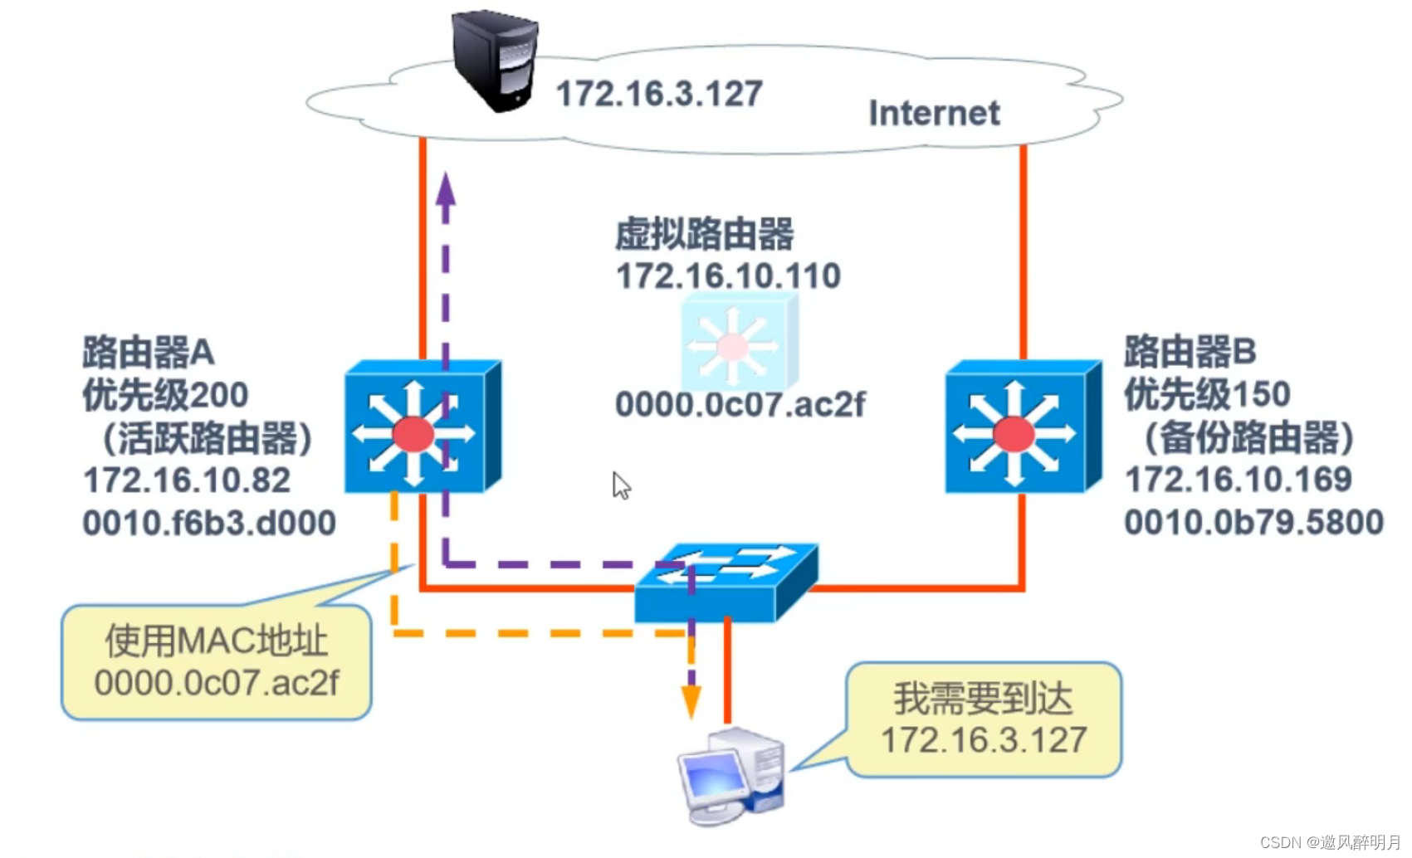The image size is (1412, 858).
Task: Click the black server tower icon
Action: (x=496, y=60)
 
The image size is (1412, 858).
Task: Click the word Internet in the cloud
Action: (x=933, y=113)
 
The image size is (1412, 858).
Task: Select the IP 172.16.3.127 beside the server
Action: (x=658, y=94)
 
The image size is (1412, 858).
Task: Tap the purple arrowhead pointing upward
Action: (x=446, y=190)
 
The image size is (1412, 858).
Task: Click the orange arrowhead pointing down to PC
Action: (x=691, y=702)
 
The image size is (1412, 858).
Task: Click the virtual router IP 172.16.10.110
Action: (x=728, y=275)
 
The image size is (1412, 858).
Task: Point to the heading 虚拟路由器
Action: (x=704, y=235)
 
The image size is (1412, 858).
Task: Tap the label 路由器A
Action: (x=149, y=353)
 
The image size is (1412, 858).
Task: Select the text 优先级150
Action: (x=1206, y=394)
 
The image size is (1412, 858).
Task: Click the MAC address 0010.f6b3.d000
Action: (x=209, y=523)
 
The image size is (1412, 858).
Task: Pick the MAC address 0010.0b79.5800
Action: (x=1253, y=522)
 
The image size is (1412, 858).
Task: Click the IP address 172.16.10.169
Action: (x=1238, y=480)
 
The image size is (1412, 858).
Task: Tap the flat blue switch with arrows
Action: (x=725, y=582)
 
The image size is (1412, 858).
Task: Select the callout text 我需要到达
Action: (x=983, y=698)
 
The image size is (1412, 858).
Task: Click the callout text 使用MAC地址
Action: (x=216, y=641)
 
